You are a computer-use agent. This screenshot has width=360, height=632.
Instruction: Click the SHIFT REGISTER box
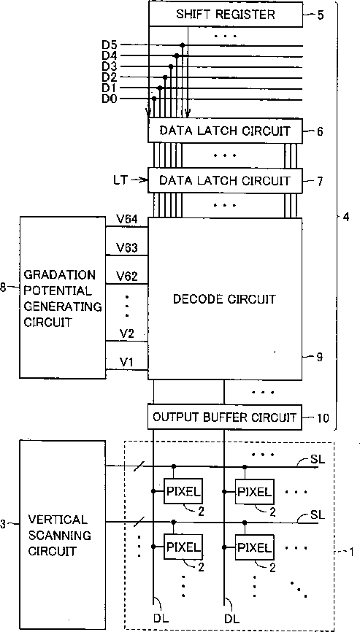[226, 15]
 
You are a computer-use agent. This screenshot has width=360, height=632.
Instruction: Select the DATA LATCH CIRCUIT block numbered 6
[226, 130]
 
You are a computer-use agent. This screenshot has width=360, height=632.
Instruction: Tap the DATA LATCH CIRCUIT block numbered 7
[226, 180]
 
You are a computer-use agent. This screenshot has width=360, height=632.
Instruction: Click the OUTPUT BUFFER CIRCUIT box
[226, 417]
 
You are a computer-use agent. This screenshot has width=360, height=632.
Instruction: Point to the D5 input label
[110, 45]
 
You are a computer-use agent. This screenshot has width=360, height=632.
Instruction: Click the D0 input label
[110, 99]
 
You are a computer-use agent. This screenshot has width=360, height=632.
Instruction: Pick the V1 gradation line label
[126, 362]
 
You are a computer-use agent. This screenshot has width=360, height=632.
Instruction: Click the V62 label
[127, 277]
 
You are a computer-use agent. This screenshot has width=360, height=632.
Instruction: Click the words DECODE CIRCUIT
[224, 299]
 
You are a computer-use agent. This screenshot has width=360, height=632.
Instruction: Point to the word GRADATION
[60, 275]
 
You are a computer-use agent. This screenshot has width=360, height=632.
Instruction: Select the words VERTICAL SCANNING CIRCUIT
[59, 535]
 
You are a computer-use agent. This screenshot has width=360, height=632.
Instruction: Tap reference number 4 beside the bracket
[346, 217]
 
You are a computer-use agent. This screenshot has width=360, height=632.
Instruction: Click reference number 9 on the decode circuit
[319, 357]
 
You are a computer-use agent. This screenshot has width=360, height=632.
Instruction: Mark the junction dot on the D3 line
[171, 66]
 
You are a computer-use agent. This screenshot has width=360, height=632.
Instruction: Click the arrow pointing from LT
[137, 180]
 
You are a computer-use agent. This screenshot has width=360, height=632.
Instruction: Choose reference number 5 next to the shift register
[319, 16]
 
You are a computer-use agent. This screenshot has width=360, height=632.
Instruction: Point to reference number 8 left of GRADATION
[3, 288]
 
